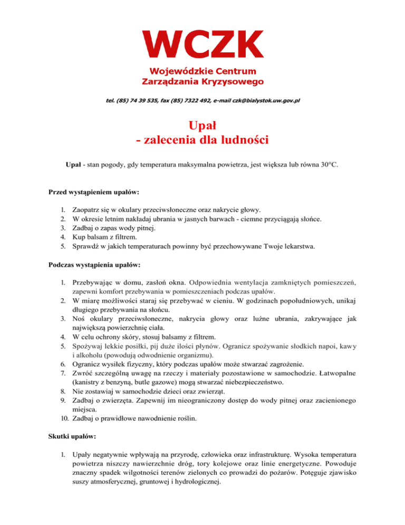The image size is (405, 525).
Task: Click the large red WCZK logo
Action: pos(203,44)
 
